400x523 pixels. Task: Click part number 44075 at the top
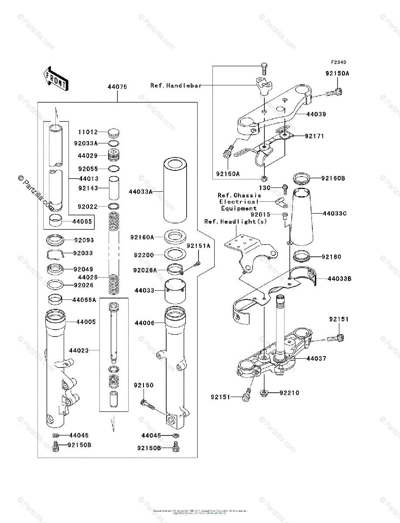coord(117,87)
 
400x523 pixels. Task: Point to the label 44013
coord(89,179)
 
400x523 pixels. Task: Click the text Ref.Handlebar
coord(176,85)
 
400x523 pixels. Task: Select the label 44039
coord(316,114)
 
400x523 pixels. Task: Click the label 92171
coord(315,136)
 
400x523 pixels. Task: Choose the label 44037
coord(316,359)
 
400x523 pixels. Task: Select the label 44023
coord(79,350)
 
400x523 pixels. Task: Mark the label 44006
coord(144,323)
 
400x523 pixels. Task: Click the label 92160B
coord(333,178)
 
